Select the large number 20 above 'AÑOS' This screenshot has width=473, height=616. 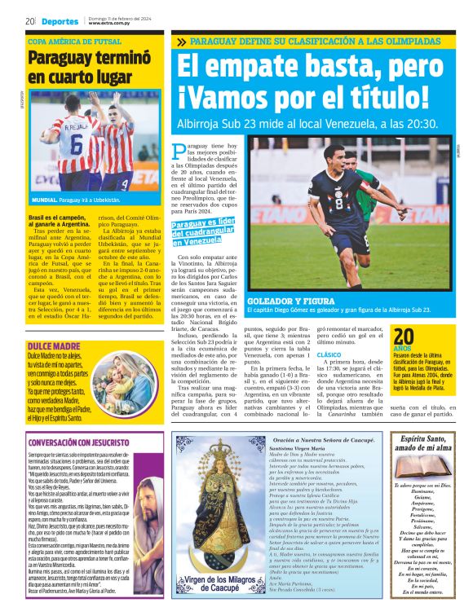click(404, 337)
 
